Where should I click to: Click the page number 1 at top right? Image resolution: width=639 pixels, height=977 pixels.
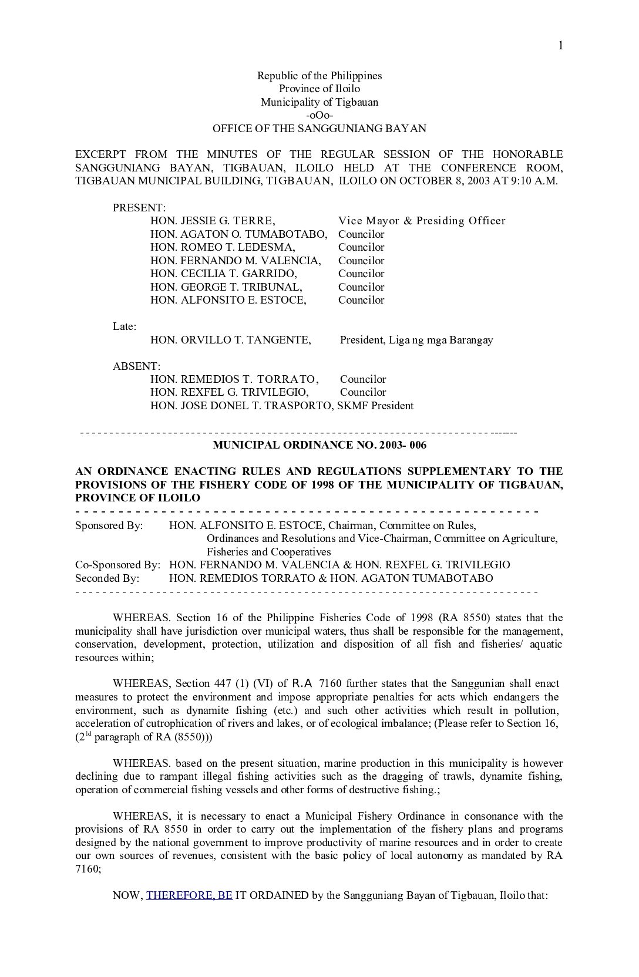[x=560, y=46]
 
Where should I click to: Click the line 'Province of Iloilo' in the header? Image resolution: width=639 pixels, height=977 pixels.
[x=319, y=89]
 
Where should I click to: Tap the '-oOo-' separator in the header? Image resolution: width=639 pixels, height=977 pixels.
[x=319, y=115]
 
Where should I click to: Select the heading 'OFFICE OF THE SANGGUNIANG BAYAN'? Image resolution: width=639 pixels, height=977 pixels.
[x=319, y=128]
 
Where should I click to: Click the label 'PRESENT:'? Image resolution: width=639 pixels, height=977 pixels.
[x=139, y=208]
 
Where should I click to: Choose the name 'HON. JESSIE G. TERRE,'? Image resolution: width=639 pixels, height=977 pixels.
[x=213, y=221]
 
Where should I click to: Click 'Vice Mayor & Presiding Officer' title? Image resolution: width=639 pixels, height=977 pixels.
[x=422, y=221]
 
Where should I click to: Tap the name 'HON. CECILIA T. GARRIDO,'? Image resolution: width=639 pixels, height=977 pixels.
[x=223, y=274]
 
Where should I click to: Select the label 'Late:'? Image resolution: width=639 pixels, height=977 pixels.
[x=125, y=326]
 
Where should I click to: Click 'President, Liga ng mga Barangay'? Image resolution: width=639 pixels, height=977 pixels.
[x=416, y=340]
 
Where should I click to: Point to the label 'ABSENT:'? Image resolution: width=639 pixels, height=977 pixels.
[x=136, y=366]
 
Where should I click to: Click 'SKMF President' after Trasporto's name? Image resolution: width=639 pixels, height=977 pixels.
[x=375, y=406]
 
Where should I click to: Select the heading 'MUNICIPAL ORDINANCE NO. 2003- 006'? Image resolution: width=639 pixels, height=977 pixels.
[x=319, y=445]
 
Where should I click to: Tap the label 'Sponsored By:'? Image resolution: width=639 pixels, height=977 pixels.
[x=109, y=525]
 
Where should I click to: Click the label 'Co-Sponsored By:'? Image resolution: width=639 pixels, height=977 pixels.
[x=117, y=565]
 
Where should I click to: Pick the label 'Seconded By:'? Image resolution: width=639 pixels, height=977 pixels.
[x=107, y=578]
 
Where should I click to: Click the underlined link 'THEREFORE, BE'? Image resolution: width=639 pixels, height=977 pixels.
[x=189, y=895]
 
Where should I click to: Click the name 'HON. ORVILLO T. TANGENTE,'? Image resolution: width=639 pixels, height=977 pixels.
[x=230, y=340]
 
